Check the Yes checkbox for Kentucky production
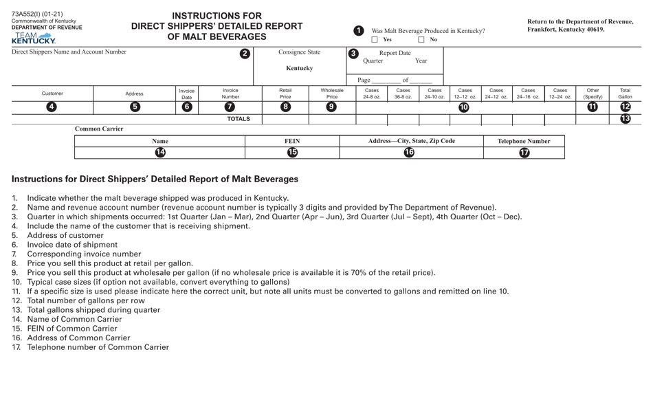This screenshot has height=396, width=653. coord(375,40)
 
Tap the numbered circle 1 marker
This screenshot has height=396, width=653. coord(358,31)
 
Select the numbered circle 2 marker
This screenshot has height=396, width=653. coord(245,54)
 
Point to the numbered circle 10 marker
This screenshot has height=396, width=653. coord(464,107)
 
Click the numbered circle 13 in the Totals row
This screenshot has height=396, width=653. coord(626,119)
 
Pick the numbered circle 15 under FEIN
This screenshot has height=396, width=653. coord(292,153)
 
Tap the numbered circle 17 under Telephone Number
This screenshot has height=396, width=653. coord(524,153)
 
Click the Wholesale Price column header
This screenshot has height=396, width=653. coord(332,93)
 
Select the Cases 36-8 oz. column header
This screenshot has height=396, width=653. coord(403,93)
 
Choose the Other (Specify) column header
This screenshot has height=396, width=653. coord(593,93)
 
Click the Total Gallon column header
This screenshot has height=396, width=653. coord(626,93)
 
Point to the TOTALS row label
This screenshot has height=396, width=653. coord(239,119)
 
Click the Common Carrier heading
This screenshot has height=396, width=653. coord(99,129)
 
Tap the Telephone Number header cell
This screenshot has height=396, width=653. coord(524,141)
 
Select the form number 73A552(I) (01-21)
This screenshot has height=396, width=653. coord(37,14)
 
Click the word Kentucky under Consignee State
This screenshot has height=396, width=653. coord(299,68)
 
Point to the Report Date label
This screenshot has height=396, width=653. coord(395,53)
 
